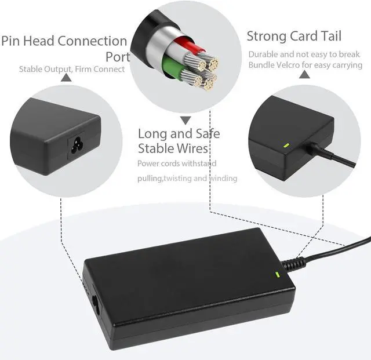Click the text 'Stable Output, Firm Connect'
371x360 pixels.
[x=72, y=69]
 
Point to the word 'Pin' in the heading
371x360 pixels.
[x=11, y=41]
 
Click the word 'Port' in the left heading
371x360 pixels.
[x=117, y=57]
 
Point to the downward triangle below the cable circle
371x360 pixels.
[x=185, y=121]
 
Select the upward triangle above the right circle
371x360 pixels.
[x=304, y=75]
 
